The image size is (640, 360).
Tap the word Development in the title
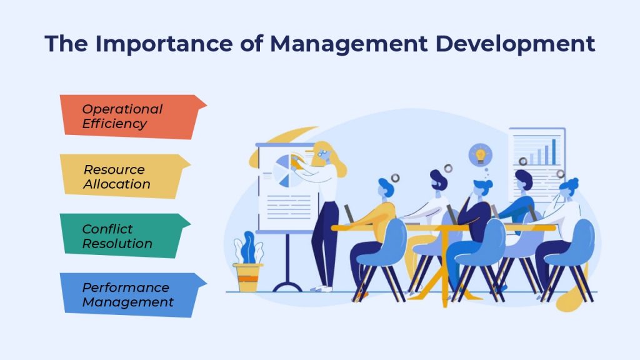point(515,44)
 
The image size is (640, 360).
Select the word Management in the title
point(349,44)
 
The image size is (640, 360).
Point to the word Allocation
point(117,184)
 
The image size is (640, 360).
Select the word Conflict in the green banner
point(107,229)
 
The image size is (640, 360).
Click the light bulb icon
point(481,155)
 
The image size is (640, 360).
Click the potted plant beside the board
point(247,262)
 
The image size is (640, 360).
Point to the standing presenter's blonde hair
point(331,157)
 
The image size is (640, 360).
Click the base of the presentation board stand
point(287,287)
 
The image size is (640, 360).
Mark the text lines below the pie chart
point(289,207)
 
